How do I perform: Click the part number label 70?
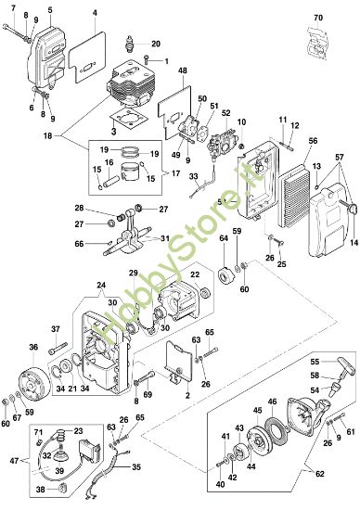coord(317,18)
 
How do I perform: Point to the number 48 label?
coord(182,70)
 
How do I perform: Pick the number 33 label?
coord(194,176)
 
